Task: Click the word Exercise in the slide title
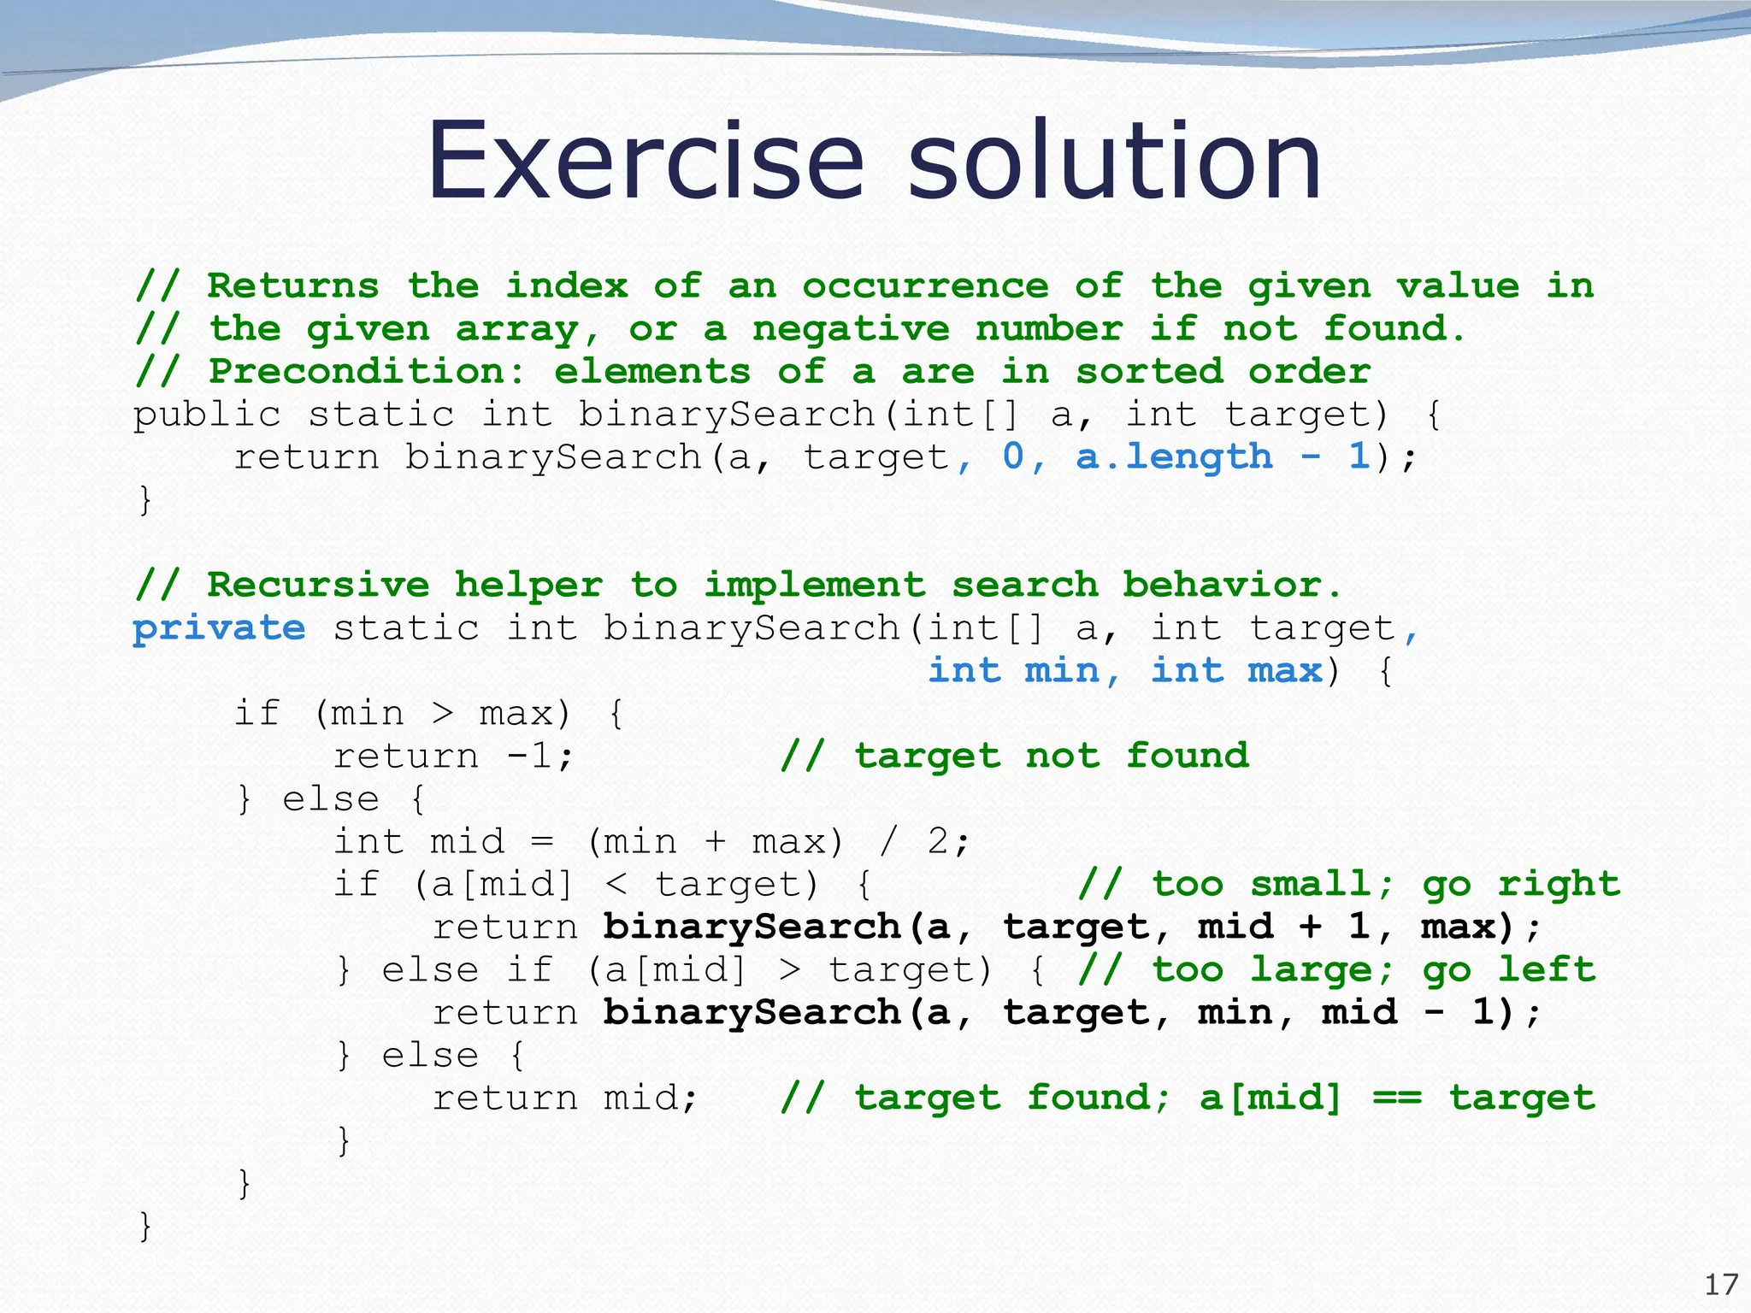click(x=646, y=161)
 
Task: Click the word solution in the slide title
click(x=1115, y=161)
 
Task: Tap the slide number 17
click(x=1721, y=1285)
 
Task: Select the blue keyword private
click(x=219, y=629)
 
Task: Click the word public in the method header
click(x=207, y=415)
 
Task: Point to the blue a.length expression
click(x=1174, y=457)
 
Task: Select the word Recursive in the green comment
click(x=318, y=586)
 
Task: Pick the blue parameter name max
click(x=1284, y=671)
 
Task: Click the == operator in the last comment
click(x=1397, y=1098)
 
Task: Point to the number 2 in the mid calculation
click(x=938, y=842)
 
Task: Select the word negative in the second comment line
click(x=851, y=329)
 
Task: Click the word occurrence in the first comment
click(x=925, y=286)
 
